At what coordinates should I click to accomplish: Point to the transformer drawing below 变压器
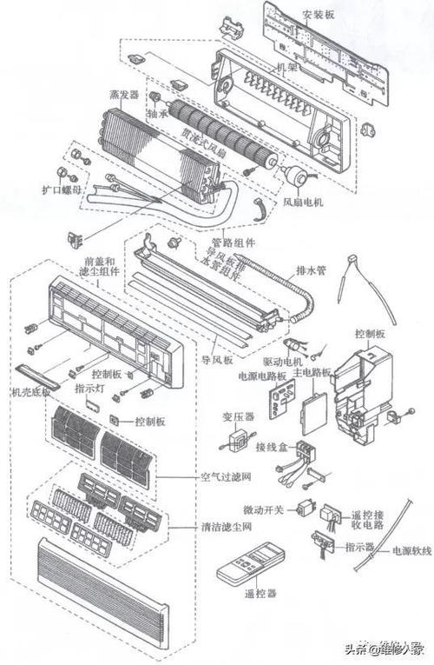(233, 442)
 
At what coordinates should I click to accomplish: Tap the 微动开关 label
(260, 509)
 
